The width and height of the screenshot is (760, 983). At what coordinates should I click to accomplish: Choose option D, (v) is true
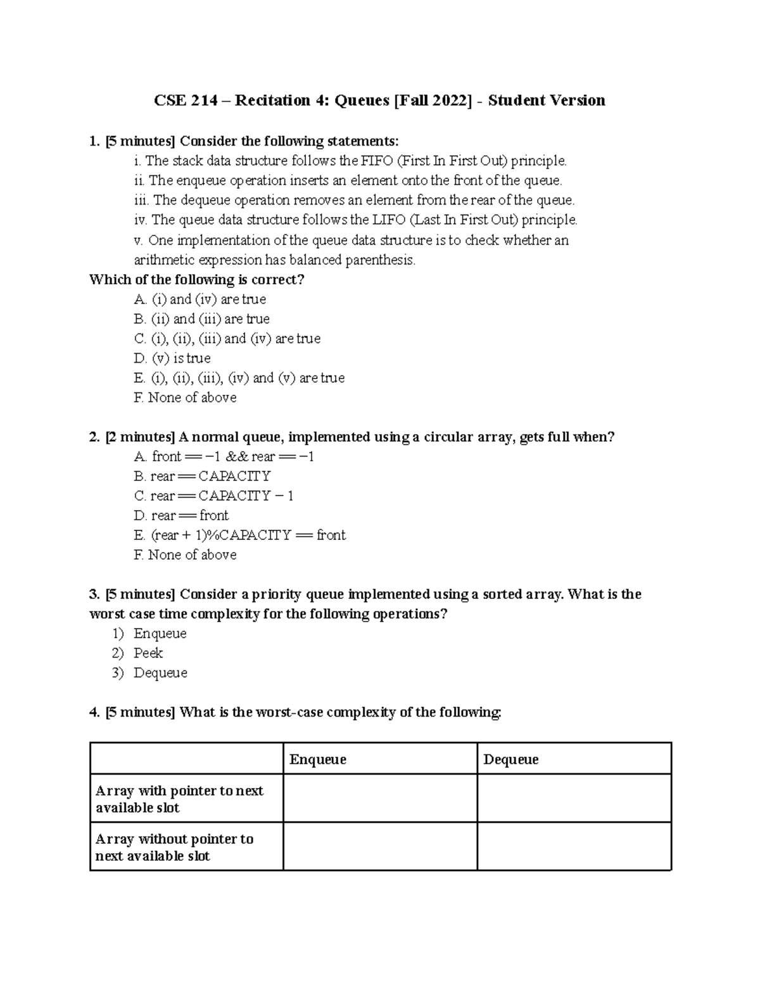point(172,358)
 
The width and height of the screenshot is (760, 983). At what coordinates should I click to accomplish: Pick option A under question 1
point(200,299)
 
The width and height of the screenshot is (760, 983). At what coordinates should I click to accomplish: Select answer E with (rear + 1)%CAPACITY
point(240,535)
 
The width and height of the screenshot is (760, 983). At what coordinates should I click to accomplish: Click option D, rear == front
point(181,516)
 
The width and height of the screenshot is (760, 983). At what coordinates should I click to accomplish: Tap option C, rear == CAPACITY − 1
point(214,496)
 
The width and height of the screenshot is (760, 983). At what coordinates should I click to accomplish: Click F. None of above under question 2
point(186,555)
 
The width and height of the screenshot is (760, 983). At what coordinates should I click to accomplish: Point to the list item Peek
point(148,653)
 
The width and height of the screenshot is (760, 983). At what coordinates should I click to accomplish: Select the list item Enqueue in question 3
point(160,634)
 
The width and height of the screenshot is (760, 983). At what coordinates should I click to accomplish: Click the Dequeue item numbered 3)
point(160,673)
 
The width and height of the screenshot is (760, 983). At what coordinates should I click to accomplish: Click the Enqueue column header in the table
point(317,760)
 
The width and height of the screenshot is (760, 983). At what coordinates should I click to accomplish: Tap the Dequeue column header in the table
point(510,760)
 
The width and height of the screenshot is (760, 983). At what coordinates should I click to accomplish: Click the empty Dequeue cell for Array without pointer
point(573,847)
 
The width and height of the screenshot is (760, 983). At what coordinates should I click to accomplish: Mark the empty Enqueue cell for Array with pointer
point(379,799)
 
